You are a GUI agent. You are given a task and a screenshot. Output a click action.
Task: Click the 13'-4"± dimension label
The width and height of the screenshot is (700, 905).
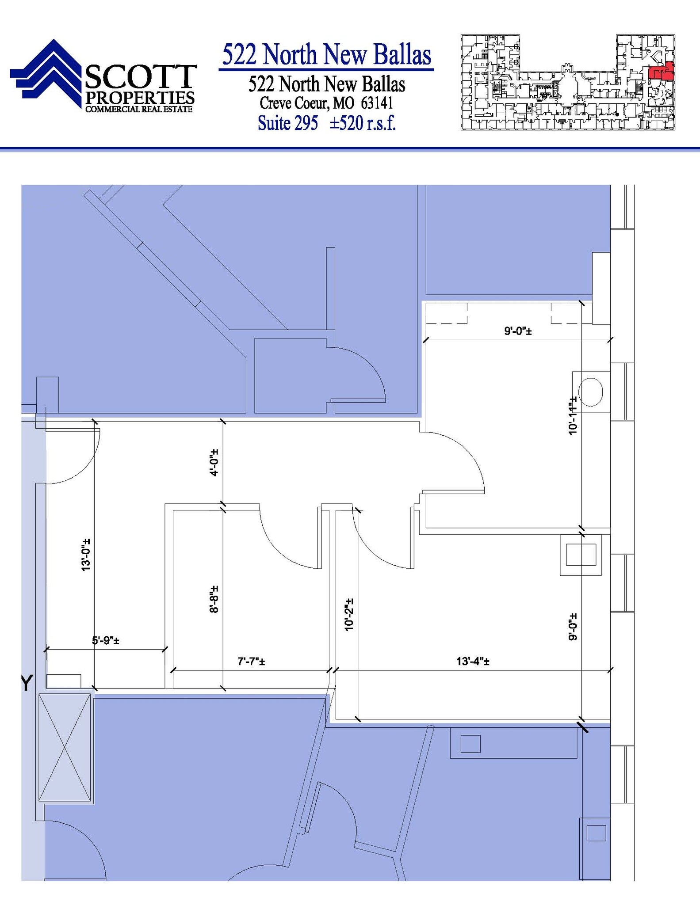coord(473,662)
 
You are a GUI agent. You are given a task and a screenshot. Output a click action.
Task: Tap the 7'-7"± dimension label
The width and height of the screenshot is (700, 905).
coord(251,662)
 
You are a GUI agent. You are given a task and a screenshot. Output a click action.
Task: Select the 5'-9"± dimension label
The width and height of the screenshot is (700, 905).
coord(105,640)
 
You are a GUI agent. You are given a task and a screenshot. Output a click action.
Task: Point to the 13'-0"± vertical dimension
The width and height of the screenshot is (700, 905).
coord(86,555)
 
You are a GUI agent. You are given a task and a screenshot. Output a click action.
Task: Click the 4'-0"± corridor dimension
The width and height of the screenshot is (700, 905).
coord(214,462)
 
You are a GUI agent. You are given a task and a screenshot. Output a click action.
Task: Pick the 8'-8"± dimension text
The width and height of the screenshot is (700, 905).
coord(214,599)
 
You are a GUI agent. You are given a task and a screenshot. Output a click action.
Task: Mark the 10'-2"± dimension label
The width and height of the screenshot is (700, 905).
coord(349,614)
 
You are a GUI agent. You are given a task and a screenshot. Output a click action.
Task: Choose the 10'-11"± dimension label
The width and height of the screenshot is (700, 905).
coord(573,415)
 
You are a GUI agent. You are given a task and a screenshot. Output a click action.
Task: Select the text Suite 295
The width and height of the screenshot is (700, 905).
coord(287,123)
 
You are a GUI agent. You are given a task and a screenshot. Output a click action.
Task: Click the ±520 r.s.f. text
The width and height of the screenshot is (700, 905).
coord(363,123)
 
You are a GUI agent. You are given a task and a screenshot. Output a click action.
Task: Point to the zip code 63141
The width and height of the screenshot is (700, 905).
coord(377,103)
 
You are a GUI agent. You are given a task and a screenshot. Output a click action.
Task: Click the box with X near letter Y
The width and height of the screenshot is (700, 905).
coord(65,747)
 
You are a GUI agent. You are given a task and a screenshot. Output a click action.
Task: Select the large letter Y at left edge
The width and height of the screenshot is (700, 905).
coord(27,683)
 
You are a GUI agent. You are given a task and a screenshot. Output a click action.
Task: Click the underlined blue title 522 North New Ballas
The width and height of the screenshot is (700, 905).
coord(326,55)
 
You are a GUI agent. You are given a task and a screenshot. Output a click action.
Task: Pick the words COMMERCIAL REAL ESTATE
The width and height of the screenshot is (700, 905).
coord(139,109)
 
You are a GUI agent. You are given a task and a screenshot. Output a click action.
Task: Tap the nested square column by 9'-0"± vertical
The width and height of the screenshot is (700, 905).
coord(581,555)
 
